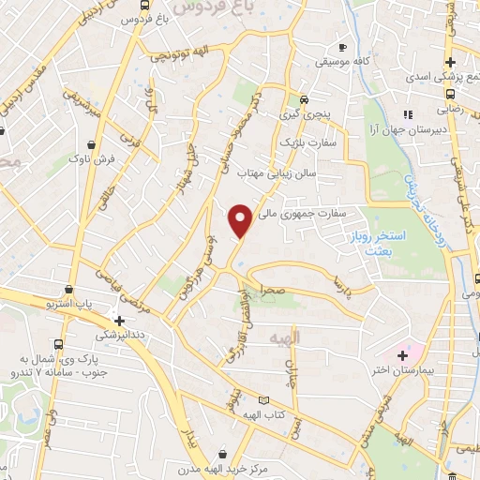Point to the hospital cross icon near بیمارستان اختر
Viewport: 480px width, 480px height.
403,355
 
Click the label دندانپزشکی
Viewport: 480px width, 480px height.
120,334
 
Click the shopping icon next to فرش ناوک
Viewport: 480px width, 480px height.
90,145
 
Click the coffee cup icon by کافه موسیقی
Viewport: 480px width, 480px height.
342,47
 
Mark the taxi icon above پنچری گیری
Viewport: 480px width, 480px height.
302,99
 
